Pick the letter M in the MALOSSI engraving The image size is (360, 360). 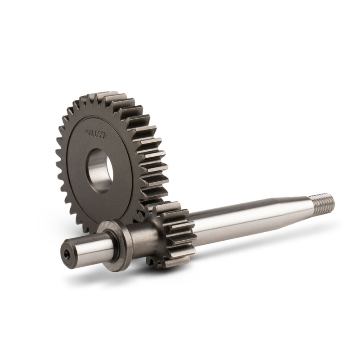coord(87,132)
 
